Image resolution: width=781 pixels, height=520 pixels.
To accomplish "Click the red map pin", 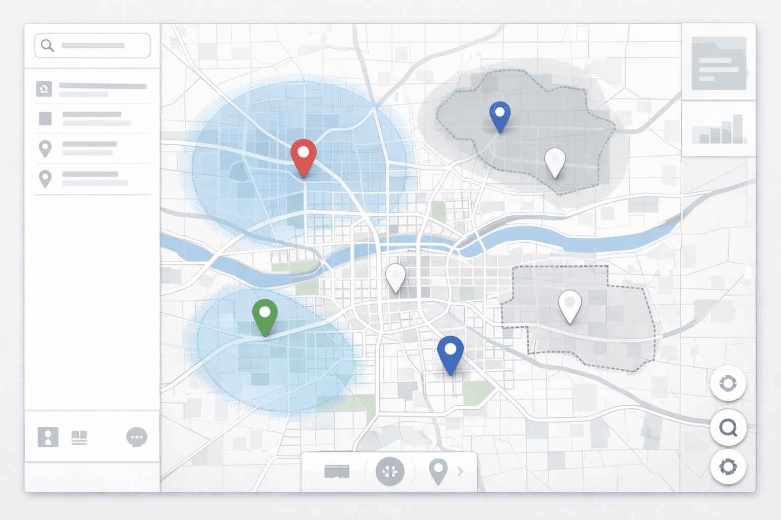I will (x=304, y=154).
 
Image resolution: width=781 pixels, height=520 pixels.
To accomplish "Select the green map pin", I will (x=265, y=314).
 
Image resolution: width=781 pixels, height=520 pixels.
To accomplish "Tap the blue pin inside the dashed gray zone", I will (x=500, y=114).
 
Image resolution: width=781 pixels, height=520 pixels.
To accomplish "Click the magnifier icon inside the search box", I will (x=47, y=46).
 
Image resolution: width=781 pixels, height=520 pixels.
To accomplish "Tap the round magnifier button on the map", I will (x=728, y=428).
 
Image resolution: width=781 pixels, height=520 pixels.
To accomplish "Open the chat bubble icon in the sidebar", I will (x=137, y=437).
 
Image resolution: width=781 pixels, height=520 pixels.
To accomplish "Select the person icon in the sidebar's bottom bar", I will (x=48, y=437).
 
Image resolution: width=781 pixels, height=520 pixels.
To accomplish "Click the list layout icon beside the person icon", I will (x=79, y=437).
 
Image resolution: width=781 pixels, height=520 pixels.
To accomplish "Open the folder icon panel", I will (x=718, y=63).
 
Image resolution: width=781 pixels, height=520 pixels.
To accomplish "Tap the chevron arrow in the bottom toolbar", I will (x=461, y=472).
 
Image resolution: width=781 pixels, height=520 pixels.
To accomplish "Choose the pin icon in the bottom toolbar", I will (x=438, y=471).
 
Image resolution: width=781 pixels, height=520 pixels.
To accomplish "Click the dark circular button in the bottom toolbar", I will (x=390, y=471).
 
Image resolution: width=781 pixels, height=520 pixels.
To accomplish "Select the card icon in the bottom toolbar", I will (x=337, y=472).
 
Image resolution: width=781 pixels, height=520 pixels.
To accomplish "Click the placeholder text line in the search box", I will (x=93, y=46).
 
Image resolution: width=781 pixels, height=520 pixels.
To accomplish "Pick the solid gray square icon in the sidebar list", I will (x=45, y=118).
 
